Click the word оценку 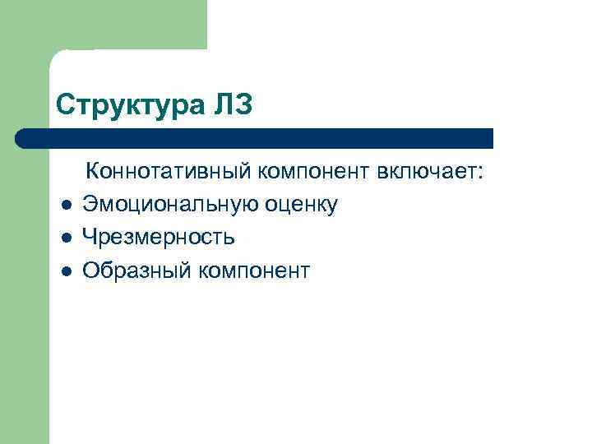[x=301, y=205]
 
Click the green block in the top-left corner [x=103, y=25]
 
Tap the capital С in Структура [x=65, y=104]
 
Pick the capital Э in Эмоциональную [x=90, y=205]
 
